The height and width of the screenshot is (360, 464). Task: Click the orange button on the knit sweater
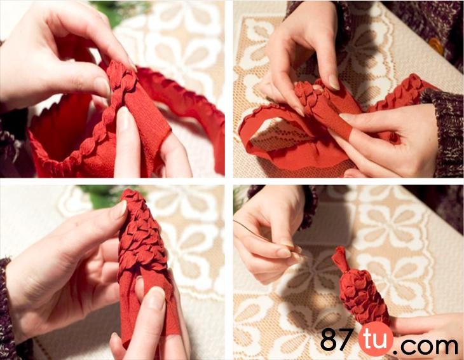pyautogui.click(x=437, y=46)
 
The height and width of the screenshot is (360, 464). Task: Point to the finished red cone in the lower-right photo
pyautogui.click(x=361, y=289)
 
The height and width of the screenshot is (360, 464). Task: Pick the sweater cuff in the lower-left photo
pyautogui.click(x=8, y=308)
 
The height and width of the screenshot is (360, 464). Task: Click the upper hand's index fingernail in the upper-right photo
pyautogui.click(x=334, y=82)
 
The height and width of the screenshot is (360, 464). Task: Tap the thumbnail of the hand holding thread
pyautogui.click(x=283, y=253)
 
